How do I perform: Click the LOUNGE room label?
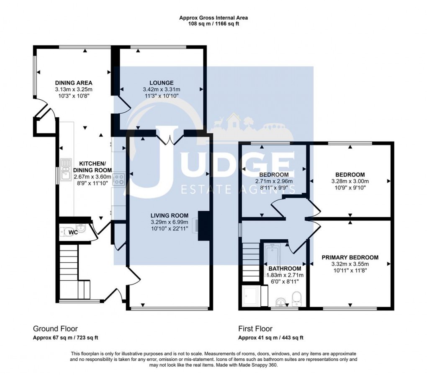tap(162, 83)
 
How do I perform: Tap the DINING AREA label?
tap(74, 83)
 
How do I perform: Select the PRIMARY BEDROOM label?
tap(350, 258)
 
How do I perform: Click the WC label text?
tap(73, 233)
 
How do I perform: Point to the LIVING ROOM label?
tap(170, 215)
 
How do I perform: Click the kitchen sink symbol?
tap(66, 170)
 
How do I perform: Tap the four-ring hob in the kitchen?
tap(119, 180)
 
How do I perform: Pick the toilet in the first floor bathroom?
tap(296, 299)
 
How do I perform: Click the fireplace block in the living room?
tap(203, 226)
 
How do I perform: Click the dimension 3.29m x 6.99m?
tap(170, 222)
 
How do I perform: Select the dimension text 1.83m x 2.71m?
tap(285, 275)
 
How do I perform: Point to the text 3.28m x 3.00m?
tap(350, 181)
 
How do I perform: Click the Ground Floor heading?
tap(55, 328)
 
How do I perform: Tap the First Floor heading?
tap(255, 328)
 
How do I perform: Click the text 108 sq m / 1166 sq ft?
tap(213, 24)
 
